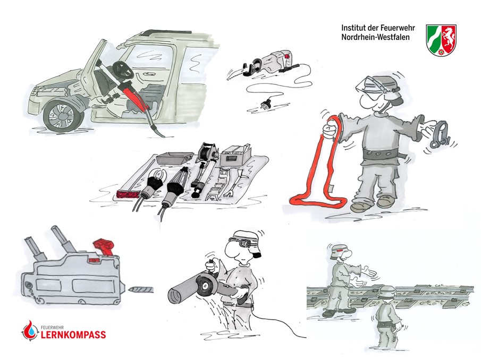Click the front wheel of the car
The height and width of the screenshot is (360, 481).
(63, 116)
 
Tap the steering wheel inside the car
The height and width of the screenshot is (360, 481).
(123, 70)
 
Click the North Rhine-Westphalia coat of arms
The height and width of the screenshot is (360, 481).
(441, 40)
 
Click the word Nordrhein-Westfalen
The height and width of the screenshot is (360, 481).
(375, 37)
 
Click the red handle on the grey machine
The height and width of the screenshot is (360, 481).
(104, 247)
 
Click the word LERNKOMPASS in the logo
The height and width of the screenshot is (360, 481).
(73, 335)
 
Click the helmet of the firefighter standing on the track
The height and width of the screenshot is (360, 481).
(337, 252)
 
